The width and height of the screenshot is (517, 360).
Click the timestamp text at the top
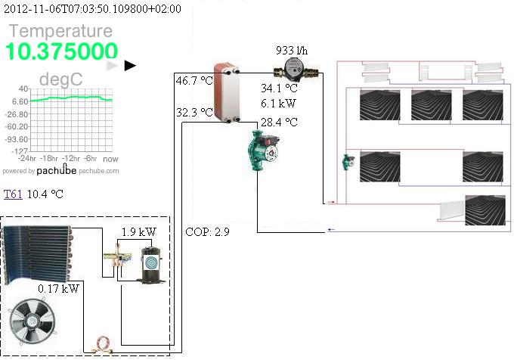92,9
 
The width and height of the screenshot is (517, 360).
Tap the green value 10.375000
63,51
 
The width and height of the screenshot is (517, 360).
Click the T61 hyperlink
12,194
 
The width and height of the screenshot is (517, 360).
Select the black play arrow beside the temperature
130,65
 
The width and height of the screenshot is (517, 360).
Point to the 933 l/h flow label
292,51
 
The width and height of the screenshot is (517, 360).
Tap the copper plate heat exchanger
226,92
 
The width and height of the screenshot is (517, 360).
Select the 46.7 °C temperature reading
194,80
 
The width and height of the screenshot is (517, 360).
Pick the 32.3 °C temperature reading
194,113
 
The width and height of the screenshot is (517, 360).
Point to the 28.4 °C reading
279,122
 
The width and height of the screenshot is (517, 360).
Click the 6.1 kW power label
278,103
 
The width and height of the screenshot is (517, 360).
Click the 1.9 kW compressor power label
138,232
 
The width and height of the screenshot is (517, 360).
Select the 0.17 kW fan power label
58,288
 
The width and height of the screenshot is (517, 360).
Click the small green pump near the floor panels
348,163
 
